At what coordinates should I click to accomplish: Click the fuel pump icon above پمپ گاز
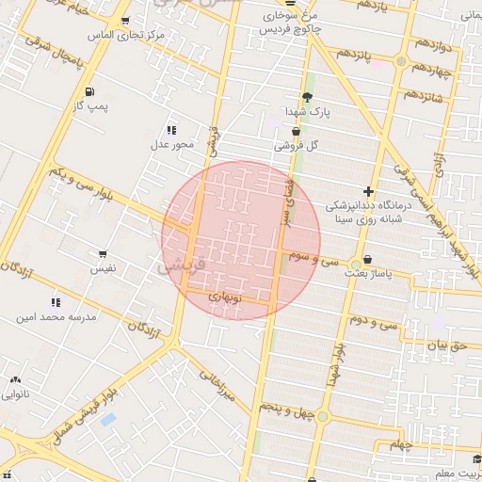(89, 91)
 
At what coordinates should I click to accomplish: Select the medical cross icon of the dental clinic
(368, 191)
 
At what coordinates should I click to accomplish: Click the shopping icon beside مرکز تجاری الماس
(126, 20)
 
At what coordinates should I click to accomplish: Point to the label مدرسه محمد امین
(55, 317)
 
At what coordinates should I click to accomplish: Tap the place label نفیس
(103, 268)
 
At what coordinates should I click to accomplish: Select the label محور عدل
(171, 144)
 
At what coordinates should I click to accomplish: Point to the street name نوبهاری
(225, 297)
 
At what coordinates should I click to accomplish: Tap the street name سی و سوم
(315, 258)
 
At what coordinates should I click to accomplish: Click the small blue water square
(108, 418)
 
